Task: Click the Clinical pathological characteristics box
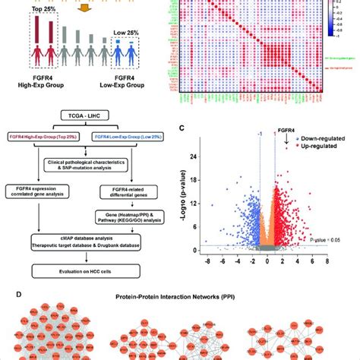[x=90, y=160]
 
